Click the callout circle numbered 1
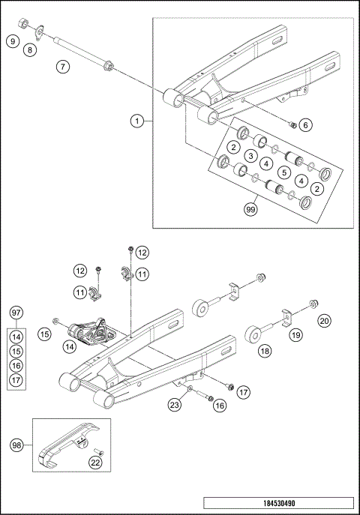click(136, 121)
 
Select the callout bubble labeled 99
click(251, 209)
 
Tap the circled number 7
click(63, 67)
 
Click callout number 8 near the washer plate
click(30, 50)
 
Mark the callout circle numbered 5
click(283, 172)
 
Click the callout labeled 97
click(16, 312)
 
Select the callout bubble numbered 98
click(16, 445)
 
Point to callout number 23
click(174, 406)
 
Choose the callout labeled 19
click(295, 335)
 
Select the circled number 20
click(324, 321)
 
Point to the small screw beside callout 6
click(293, 124)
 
